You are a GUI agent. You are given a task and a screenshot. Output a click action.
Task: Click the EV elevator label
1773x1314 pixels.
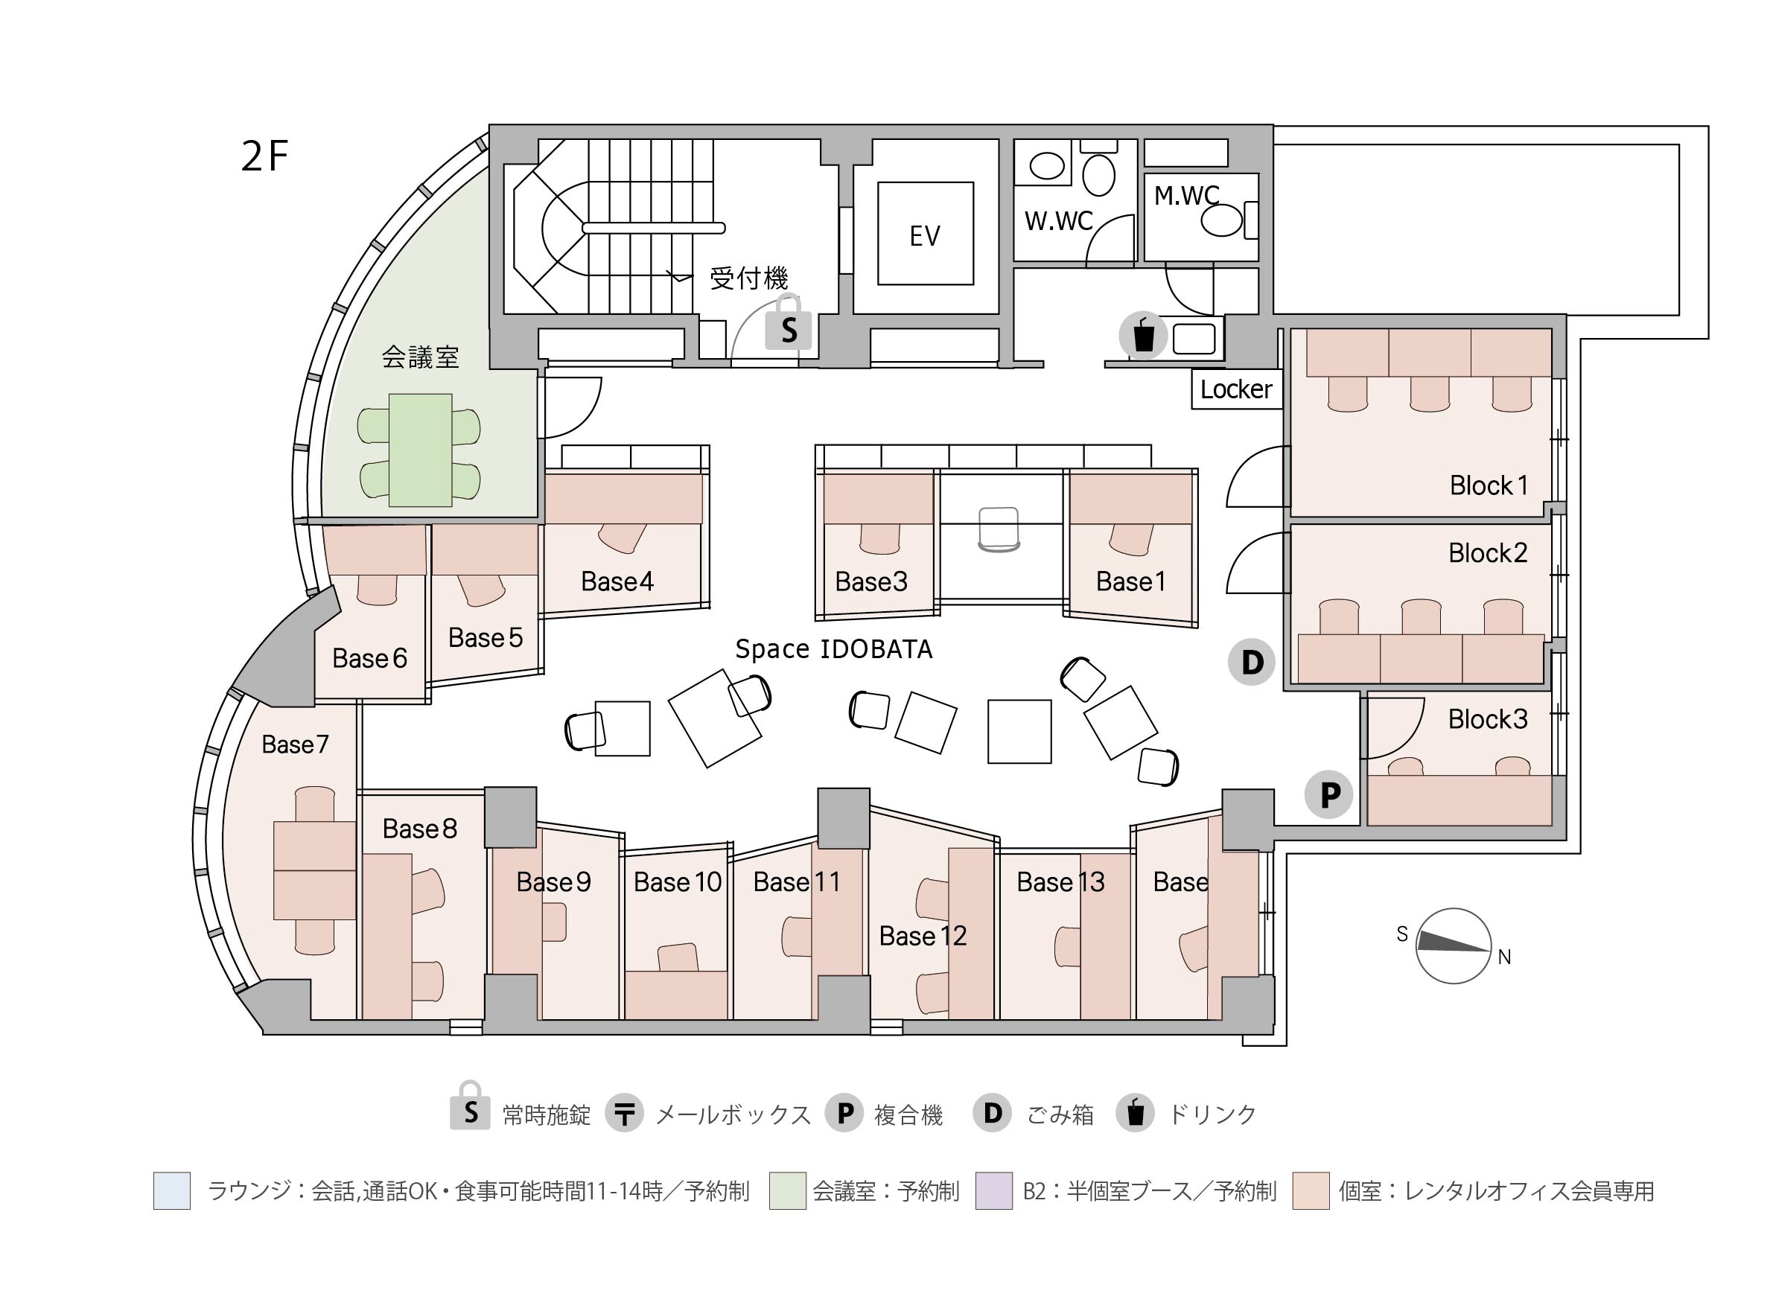click(924, 235)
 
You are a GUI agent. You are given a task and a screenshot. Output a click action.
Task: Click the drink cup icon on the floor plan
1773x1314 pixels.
click(1143, 335)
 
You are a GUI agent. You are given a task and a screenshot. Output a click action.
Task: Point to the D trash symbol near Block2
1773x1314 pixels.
click(1251, 662)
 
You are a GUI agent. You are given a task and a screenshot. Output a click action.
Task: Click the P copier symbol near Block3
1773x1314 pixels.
click(1329, 794)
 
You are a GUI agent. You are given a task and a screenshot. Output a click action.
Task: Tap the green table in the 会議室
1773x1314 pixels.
click(420, 450)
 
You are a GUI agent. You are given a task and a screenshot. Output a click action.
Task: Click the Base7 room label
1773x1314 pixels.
click(294, 744)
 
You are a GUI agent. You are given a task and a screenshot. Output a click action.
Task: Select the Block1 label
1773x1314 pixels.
click(1489, 485)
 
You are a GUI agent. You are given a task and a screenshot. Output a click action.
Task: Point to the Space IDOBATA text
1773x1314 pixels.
click(833, 650)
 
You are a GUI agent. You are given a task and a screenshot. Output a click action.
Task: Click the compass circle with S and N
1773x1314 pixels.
click(1454, 946)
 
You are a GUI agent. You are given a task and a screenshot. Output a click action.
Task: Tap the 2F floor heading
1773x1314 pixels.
click(264, 156)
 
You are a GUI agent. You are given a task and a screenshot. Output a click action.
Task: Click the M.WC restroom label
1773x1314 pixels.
click(1186, 196)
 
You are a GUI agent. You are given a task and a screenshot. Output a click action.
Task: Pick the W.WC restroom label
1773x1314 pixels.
click(1058, 221)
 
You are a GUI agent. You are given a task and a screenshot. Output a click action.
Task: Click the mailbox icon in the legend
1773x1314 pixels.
click(625, 1114)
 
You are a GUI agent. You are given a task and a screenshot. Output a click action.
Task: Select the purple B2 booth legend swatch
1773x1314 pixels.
click(993, 1190)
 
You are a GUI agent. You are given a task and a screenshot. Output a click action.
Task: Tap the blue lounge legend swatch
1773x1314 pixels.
click(172, 1190)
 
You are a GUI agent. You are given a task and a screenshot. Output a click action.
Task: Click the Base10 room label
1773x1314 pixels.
click(677, 882)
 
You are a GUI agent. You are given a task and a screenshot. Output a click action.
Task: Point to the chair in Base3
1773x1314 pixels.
click(879, 538)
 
